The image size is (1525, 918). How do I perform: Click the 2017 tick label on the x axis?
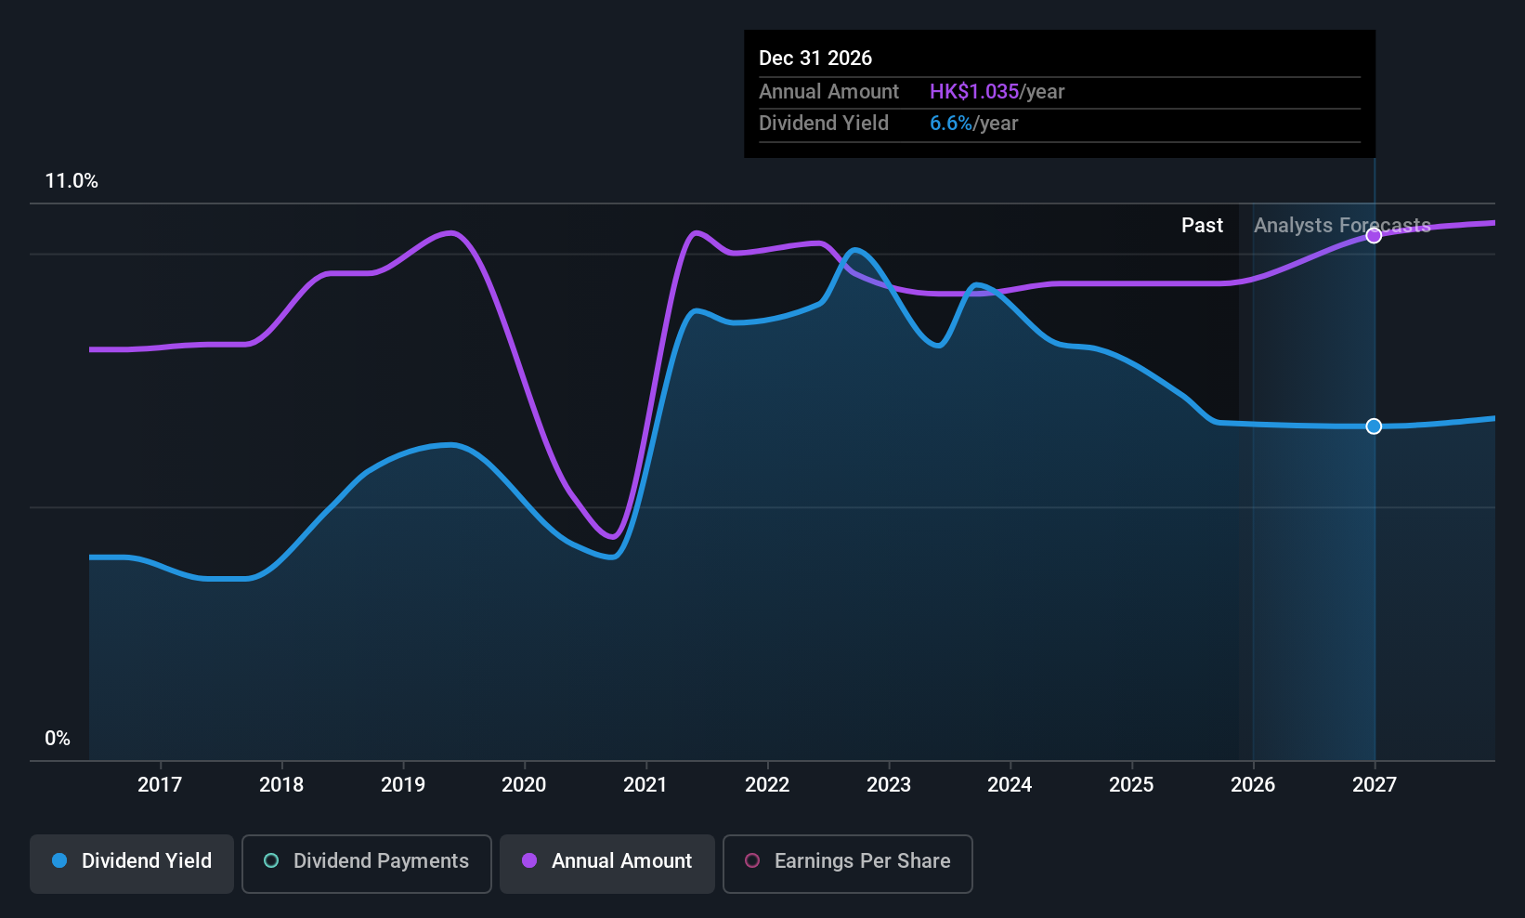(x=160, y=784)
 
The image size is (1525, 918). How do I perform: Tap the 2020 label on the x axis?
(x=524, y=784)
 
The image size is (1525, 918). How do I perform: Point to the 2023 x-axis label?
(x=888, y=784)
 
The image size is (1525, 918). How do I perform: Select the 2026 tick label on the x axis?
(x=1252, y=784)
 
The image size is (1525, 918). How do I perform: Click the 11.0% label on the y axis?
(x=72, y=181)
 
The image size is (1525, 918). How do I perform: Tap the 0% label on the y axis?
(x=57, y=739)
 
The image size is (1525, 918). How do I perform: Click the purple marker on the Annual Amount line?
(x=1374, y=236)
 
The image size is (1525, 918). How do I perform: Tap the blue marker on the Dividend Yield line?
(x=1374, y=426)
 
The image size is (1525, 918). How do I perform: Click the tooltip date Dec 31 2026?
(x=815, y=59)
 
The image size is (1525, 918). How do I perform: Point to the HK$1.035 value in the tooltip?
(x=973, y=92)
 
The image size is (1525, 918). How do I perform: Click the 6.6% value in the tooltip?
(x=950, y=124)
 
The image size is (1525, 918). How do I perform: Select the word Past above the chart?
(x=1202, y=226)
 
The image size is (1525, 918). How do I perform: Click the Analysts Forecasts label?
(x=1341, y=226)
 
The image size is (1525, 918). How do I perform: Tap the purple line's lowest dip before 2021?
(x=612, y=536)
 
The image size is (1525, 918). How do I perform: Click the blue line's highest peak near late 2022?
(x=855, y=249)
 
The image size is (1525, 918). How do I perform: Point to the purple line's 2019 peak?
(x=451, y=232)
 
